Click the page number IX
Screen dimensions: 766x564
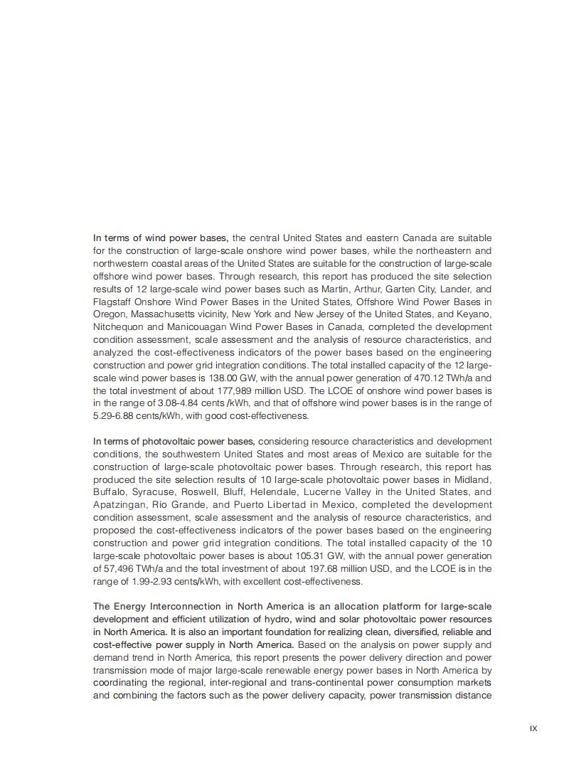pos(533,728)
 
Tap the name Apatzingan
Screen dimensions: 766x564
pos(119,505)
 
